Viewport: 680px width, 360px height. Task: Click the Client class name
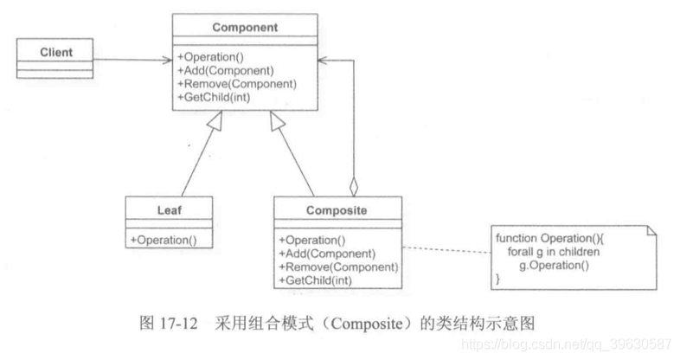click(56, 53)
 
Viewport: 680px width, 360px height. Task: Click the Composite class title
click(338, 209)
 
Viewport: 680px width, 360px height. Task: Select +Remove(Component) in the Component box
click(236, 84)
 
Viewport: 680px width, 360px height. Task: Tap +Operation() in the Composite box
click(312, 240)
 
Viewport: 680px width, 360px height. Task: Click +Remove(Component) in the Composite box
click(337, 267)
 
